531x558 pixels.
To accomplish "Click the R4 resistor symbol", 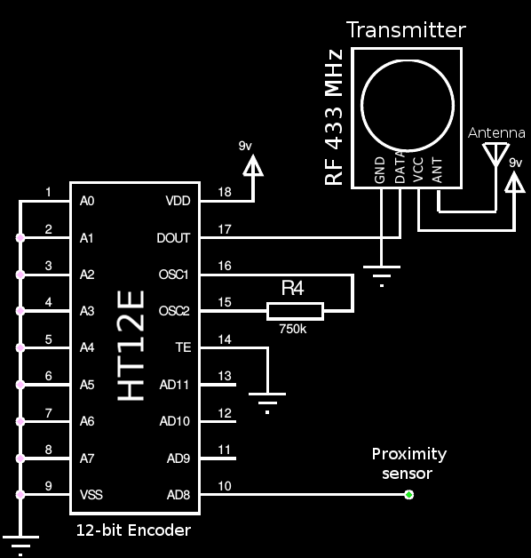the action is point(295,311).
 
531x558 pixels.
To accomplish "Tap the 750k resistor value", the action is point(293,329).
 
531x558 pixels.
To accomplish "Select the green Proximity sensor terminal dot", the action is point(409,495).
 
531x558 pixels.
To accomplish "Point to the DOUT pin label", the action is point(173,238).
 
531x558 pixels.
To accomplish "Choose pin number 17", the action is point(225,229).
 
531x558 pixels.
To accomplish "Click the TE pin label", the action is point(183,347).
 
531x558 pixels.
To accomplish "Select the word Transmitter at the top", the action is point(406,30).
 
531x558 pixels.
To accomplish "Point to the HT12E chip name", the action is point(131,345).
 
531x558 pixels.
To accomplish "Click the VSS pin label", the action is point(91,495).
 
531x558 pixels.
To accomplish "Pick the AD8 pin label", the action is point(178,495).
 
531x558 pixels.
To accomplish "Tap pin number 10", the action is point(225,486).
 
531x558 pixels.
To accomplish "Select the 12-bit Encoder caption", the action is point(133,530).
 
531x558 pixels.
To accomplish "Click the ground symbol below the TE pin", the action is point(267,403).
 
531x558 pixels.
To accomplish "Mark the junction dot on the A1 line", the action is point(20,238).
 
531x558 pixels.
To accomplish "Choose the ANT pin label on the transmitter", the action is point(437,171).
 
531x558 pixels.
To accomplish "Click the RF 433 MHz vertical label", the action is point(334,117).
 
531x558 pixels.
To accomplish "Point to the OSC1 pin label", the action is point(173,275).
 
